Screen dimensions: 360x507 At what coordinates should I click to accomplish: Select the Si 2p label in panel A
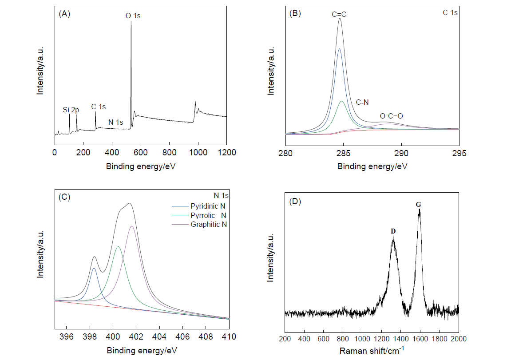(x=71, y=109)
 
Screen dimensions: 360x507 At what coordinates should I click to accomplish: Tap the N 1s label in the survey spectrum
(x=116, y=122)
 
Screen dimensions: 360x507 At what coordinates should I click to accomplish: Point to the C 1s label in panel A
(x=99, y=107)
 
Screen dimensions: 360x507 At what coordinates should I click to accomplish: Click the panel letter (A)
(x=64, y=14)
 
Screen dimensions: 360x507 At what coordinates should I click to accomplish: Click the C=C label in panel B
(x=339, y=15)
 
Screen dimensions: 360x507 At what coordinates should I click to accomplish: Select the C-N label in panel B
(x=363, y=102)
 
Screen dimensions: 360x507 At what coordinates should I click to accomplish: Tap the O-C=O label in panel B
(x=392, y=116)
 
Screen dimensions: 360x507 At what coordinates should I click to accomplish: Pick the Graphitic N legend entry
(x=209, y=224)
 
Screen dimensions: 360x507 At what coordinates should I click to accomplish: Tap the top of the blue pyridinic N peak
(x=94, y=268)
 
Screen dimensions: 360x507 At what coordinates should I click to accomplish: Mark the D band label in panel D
(x=393, y=231)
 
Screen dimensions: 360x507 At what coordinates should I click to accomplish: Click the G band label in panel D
(x=418, y=205)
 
